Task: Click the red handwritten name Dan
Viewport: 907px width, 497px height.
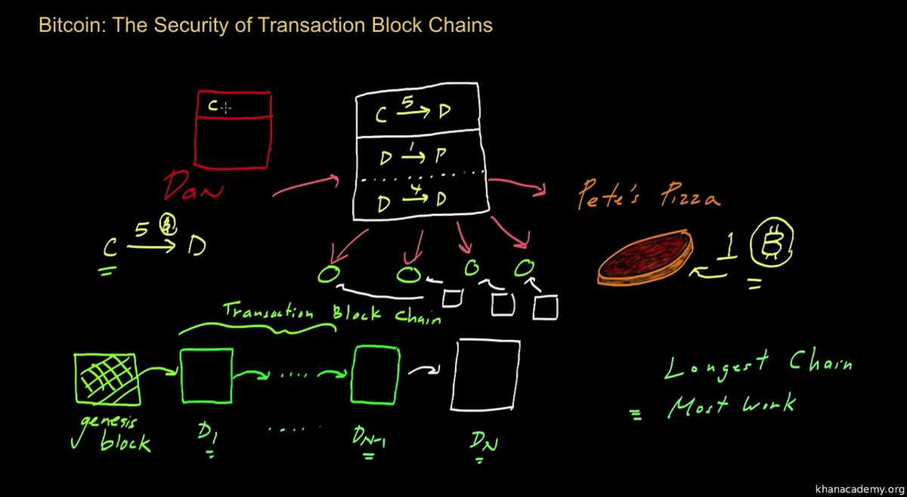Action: point(193,186)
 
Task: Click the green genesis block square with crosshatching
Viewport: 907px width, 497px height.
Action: point(105,378)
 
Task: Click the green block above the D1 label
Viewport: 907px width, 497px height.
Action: point(206,376)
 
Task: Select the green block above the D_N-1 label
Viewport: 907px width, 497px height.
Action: point(375,375)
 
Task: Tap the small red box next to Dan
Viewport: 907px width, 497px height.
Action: point(233,128)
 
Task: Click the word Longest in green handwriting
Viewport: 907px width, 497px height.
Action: point(715,366)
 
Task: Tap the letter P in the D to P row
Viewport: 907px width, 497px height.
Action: point(441,156)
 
